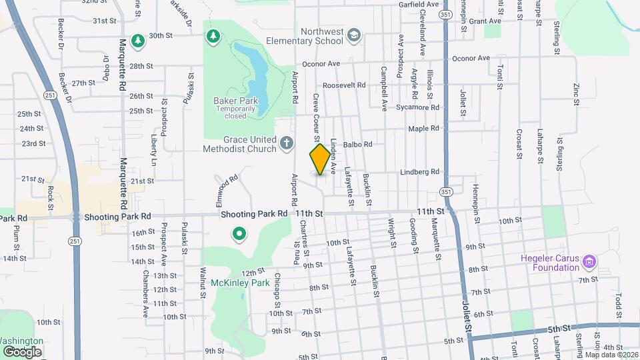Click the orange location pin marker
[x=320, y=159]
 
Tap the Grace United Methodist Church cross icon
[x=287, y=143]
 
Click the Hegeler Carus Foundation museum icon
[x=589, y=260]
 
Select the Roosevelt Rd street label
[x=344, y=85]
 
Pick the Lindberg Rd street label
[x=419, y=172]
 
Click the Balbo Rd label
[x=357, y=144]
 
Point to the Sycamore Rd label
[x=417, y=107]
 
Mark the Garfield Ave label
[x=419, y=5]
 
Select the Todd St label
[x=619, y=305]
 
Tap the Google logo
[x=22, y=351]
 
